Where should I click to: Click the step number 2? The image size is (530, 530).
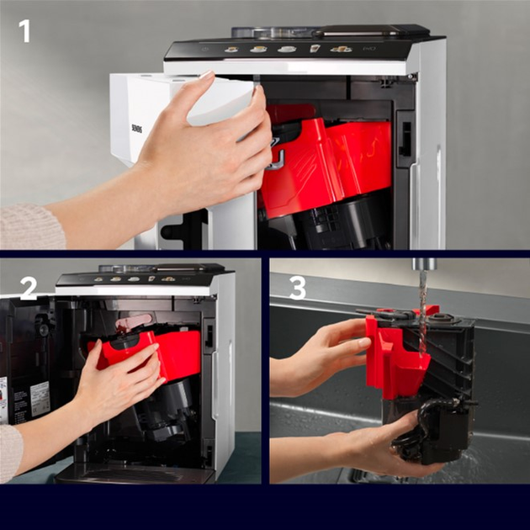point(29,288)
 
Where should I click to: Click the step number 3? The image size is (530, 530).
point(297,288)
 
